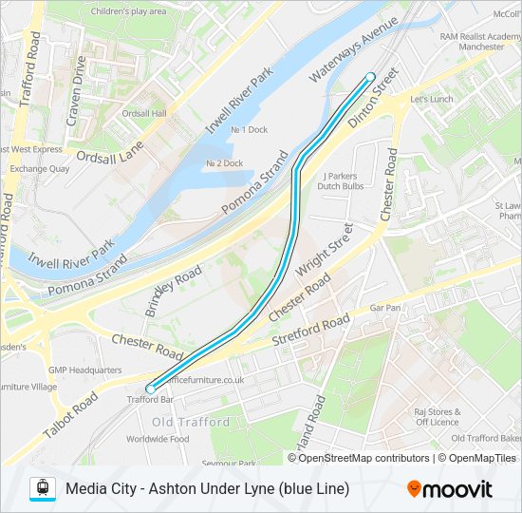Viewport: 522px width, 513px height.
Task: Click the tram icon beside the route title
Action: pyautogui.click(x=42, y=488)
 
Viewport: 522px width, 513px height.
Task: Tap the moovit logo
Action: pyautogui.click(x=450, y=489)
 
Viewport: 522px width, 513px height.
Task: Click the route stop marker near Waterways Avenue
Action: pyautogui.click(x=370, y=77)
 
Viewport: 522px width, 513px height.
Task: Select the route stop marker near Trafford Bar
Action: pyautogui.click(x=150, y=389)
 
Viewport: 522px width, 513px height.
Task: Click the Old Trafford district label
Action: pyautogui.click(x=191, y=422)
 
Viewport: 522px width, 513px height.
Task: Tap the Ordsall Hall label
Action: pyautogui.click(x=145, y=113)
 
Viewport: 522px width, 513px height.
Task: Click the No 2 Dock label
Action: pyautogui.click(x=224, y=163)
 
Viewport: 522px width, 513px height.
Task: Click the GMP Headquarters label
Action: pyautogui.click(x=85, y=370)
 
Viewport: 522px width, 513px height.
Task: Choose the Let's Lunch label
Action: pyautogui.click(x=431, y=99)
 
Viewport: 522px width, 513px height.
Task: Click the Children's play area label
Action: pyautogui.click(x=128, y=11)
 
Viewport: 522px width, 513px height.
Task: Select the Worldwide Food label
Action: pyautogui.click(x=158, y=439)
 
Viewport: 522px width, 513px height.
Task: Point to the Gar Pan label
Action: pyautogui.click(x=385, y=308)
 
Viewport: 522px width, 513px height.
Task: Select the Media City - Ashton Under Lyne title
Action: pyautogui.click(x=207, y=488)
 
